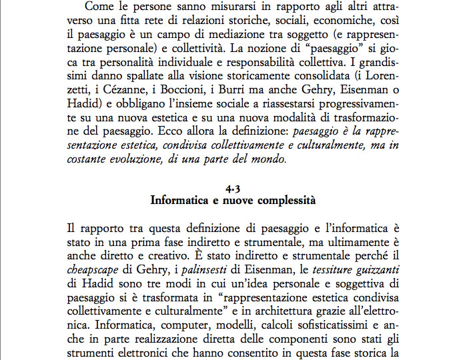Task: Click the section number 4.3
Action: coord(233,187)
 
